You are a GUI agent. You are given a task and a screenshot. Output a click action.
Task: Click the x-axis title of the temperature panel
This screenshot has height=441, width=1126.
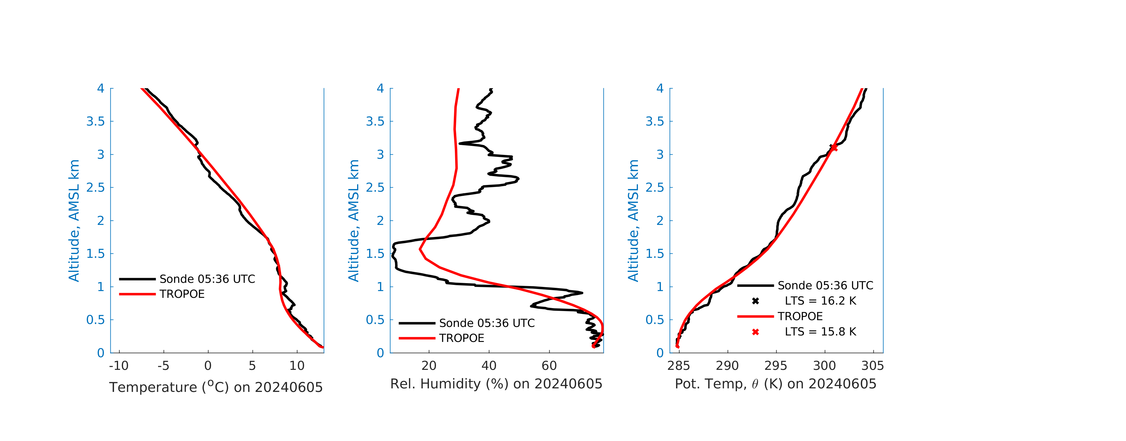click(216, 387)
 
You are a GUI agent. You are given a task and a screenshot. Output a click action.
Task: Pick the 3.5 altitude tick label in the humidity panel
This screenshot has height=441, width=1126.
click(375, 121)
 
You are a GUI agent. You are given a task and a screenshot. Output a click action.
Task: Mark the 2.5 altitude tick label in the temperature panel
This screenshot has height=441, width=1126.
click(95, 188)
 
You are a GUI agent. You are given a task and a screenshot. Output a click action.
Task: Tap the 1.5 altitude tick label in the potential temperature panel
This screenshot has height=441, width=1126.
click(655, 254)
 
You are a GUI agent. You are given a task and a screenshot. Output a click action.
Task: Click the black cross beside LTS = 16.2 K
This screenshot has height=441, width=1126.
click(755, 301)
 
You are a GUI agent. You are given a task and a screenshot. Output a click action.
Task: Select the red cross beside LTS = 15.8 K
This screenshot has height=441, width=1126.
click(755, 332)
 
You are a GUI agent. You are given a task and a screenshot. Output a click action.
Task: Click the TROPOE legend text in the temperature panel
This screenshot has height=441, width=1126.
click(182, 294)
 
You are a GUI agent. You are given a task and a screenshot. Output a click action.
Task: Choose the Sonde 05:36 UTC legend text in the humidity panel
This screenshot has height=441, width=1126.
click(487, 323)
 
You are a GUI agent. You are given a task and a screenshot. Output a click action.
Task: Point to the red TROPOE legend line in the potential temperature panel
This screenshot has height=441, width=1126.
click(755, 316)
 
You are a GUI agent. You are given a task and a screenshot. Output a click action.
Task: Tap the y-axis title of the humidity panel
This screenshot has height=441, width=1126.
click(353, 220)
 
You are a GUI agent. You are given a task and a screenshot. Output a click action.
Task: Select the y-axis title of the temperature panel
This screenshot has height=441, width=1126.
click(73, 220)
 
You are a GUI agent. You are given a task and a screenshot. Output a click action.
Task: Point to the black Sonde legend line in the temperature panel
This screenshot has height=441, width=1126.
click(137, 279)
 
